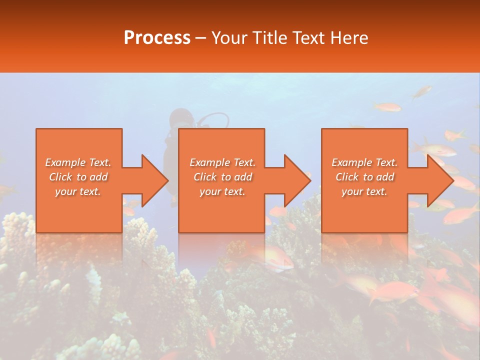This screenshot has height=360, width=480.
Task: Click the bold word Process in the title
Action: [157, 38]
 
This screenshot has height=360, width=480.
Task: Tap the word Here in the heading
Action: [349, 38]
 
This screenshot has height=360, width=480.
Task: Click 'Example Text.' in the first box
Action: [78, 162]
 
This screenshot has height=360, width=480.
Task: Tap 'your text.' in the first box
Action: [78, 191]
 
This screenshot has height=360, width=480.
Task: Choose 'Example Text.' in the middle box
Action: [222, 162]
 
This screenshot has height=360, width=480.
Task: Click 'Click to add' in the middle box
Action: [222, 177]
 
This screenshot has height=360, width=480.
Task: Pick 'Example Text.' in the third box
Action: [364, 162]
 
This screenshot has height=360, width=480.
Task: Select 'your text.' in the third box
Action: [364, 191]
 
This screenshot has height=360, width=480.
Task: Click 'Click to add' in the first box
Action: [78, 177]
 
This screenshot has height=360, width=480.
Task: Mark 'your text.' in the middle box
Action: [222, 191]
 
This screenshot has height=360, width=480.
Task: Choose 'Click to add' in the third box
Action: [364, 177]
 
